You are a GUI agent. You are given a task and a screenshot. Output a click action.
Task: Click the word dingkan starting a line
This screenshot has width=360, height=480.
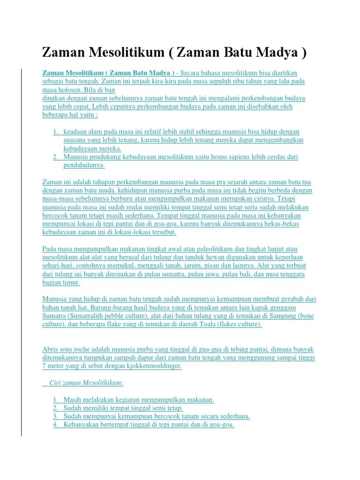[x=54, y=98]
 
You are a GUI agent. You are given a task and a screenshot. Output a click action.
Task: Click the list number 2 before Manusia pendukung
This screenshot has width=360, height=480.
[x=55, y=157]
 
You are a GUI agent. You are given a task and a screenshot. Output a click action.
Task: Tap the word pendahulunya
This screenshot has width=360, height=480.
[x=84, y=165]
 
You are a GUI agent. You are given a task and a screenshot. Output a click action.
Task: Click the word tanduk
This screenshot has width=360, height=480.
[x=191, y=257]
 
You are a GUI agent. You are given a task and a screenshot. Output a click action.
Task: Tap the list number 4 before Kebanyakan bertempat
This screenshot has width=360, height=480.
[x=55, y=425]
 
